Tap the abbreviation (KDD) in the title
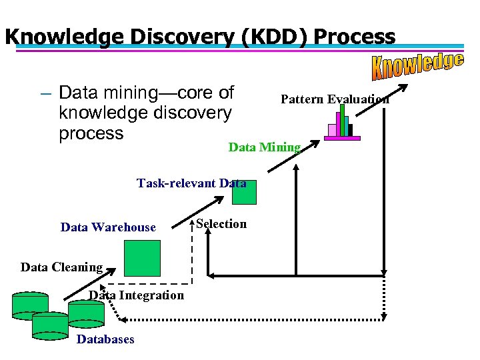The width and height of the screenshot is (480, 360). (x=239, y=37)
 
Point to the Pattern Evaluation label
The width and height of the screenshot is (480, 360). (x=335, y=99)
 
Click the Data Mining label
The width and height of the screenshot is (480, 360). (x=265, y=147)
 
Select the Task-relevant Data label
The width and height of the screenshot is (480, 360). (x=191, y=183)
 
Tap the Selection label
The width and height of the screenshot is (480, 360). (x=221, y=224)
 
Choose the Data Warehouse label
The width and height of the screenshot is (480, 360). (x=108, y=227)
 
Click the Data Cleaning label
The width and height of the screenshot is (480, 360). (x=61, y=267)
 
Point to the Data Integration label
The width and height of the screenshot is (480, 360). (x=137, y=295)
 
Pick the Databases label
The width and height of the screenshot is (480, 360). (x=105, y=339)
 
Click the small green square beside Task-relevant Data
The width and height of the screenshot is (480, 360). (x=244, y=192)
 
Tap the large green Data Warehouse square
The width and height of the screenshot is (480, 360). (x=143, y=258)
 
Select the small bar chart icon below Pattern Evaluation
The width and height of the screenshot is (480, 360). (x=343, y=125)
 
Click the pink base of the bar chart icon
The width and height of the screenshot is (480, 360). (x=343, y=138)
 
